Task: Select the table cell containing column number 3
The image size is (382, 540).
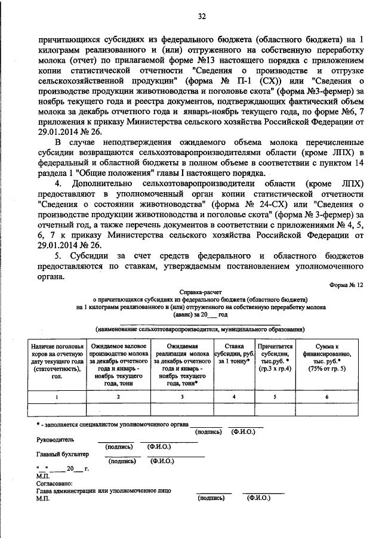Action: tap(183, 396)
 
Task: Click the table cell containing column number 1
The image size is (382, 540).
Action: tap(57, 396)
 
